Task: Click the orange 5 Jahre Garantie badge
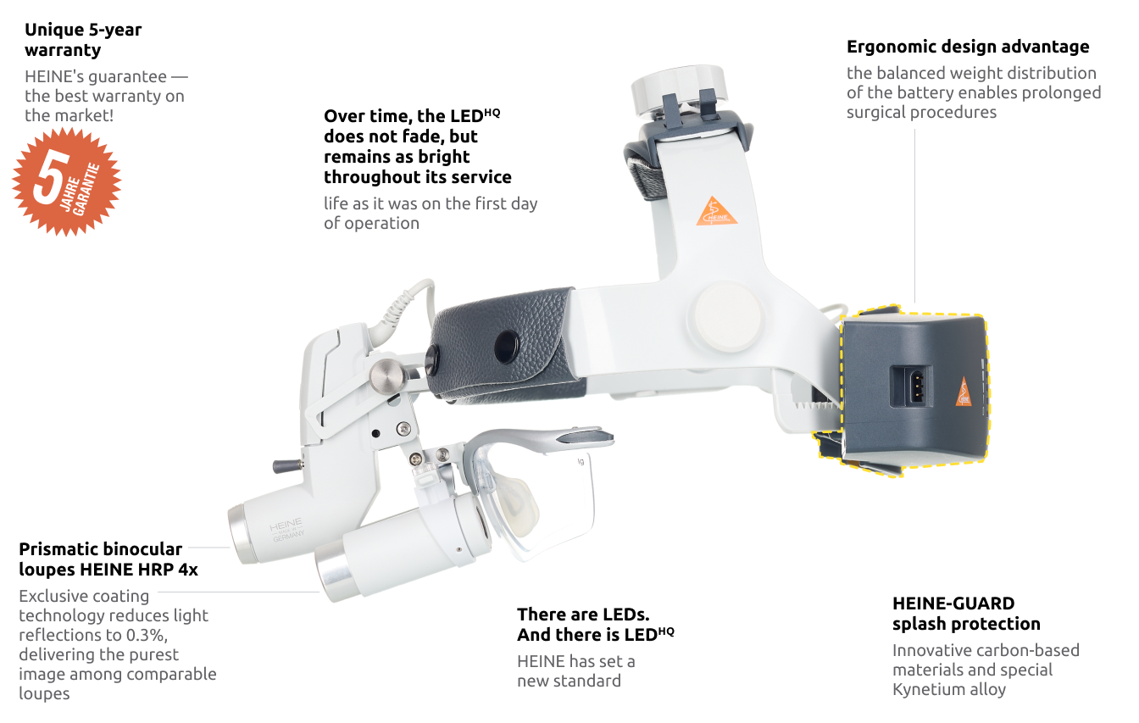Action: [66, 181]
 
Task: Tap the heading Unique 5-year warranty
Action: [83, 40]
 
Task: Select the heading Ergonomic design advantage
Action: [968, 47]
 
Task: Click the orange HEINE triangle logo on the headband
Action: [716, 211]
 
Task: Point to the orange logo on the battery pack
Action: [964, 392]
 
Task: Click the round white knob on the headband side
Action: [728, 317]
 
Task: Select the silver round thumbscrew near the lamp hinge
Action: [386, 376]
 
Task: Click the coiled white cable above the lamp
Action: [402, 310]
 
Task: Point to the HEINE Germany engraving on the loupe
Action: [286, 530]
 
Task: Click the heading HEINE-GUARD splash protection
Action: [966, 614]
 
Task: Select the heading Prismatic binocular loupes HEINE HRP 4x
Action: [108, 559]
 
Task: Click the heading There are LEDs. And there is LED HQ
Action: [596, 625]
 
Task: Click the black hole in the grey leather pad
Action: [507, 347]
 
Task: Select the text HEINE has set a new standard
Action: [576, 671]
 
